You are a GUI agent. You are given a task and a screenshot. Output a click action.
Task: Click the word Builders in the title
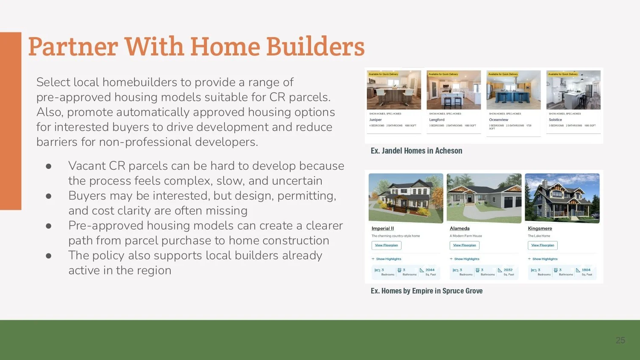pyautogui.click(x=315, y=46)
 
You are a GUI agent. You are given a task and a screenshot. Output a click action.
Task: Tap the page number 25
pyautogui.click(x=620, y=340)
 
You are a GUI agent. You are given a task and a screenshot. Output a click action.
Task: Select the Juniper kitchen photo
pyautogui.click(x=394, y=90)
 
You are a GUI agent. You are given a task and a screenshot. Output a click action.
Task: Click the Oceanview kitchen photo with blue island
pyautogui.click(x=513, y=90)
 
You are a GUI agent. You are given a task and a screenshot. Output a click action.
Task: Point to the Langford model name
pyautogui.click(x=436, y=120)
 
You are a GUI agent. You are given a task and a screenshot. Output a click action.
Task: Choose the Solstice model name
pyautogui.click(x=555, y=120)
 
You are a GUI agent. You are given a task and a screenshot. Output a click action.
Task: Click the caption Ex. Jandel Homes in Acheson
pyautogui.click(x=416, y=151)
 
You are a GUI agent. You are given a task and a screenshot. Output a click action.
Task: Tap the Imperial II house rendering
pyautogui.click(x=405, y=198)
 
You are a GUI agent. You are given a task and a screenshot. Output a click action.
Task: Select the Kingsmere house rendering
pyautogui.click(x=562, y=198)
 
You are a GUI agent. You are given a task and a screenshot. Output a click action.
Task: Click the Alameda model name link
pyautogui.click(x=460, y=229)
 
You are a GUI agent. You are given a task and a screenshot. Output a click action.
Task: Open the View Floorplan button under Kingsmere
pyautogui.click(x=542, y=245)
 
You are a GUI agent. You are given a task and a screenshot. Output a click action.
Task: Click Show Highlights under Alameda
pyautogui.click(x=466, y=259)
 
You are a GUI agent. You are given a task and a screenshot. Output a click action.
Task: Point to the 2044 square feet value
pyautogui.click(x=430, y=270)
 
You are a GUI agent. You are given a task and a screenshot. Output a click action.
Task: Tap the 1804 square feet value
pyautogui.click(x=586, y=270)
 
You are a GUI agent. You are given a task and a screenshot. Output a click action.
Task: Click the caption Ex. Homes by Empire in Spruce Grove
pyautogui.click(x=426, y=291)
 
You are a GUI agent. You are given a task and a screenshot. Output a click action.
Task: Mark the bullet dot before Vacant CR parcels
pyautogui.click(x=49, y=166)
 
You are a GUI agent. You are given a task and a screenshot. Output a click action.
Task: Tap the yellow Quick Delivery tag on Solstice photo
pyautogui.click(x=563, y=74)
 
